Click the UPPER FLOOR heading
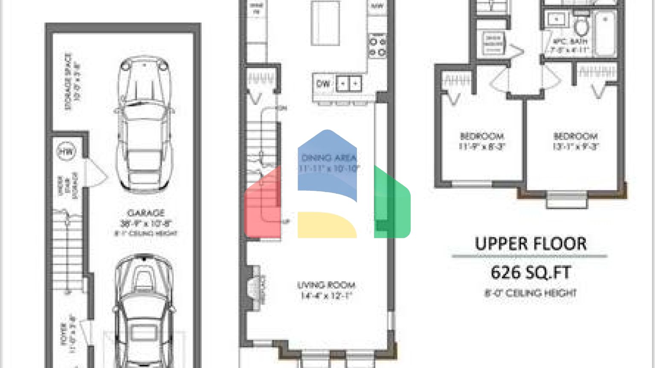coord(530,244)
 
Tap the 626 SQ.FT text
coord(530,273)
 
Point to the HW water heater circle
coord(66,151)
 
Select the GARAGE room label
coord(145,213)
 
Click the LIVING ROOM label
coord(326,285)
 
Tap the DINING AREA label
coord(329,158)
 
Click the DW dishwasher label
coord(323,84)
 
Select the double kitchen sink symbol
coord(349,84)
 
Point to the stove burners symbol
coord(377,47)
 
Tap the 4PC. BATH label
coord(570,42)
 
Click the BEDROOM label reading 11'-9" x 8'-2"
coord(482,136)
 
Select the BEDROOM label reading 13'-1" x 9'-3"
coord(575,136)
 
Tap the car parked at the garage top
coord(144,126)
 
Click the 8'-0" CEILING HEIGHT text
coord(530,293)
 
